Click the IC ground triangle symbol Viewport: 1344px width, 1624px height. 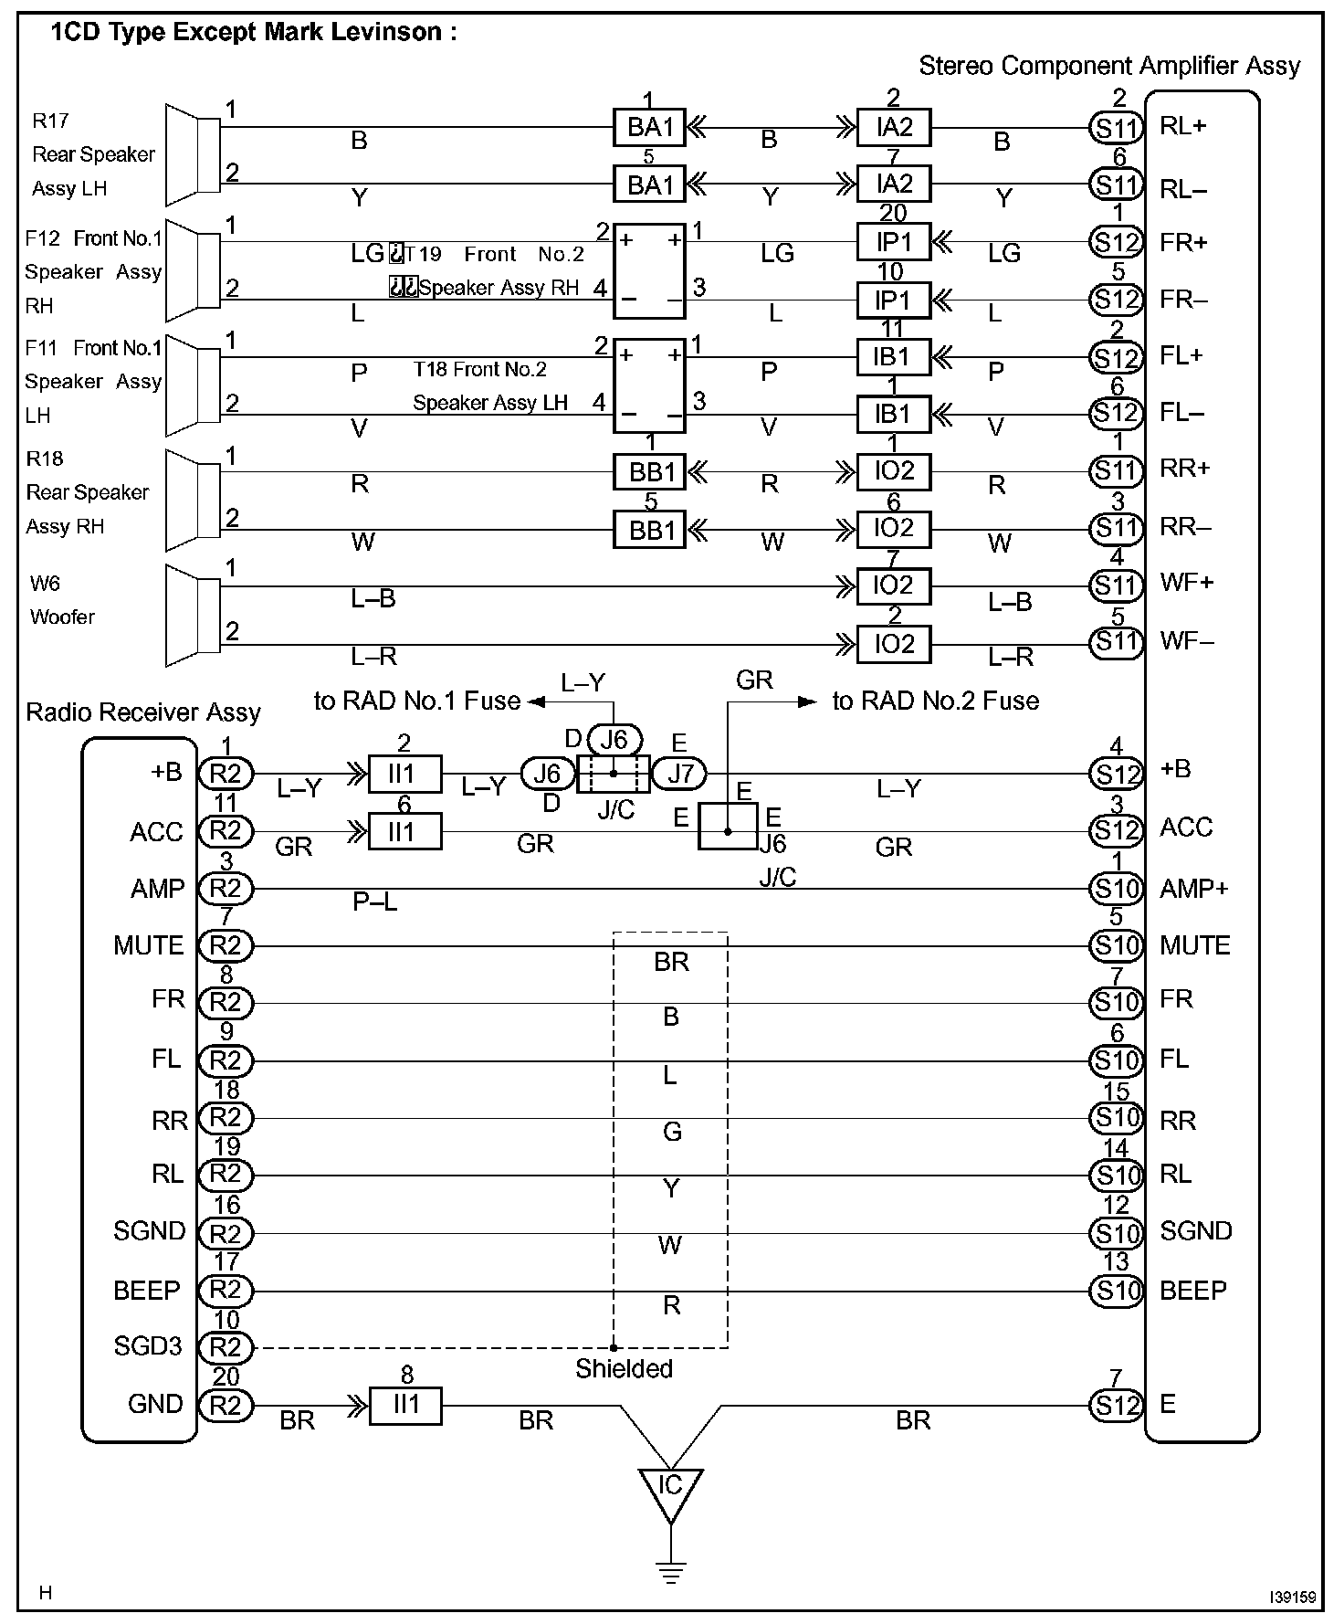click(x=670, y=1490)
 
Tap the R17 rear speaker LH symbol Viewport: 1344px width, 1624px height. click(x=193, y=154)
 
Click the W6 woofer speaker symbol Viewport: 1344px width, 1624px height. click(x=193, y=615)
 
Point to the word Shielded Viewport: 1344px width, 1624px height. click(x=624, y=1368)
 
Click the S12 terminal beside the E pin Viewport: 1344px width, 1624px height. click(x=1116, y=1406)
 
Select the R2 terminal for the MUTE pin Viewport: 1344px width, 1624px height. click(x=226, y=946)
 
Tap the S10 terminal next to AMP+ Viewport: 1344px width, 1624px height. click(x=1116, y=889)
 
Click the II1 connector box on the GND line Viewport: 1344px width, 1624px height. click(x=405, y=1406)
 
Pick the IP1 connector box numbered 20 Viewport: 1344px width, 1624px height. click(x=894, y=242)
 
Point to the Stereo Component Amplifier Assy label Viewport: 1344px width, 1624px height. click(x=1108, y=66)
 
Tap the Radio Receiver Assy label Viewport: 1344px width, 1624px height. click(x=143, y=712)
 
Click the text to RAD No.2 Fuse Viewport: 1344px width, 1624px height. click(x=935, y=701)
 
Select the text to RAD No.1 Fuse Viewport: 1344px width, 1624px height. click(x=417, y=701)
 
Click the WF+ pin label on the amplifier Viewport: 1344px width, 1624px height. click(x=1186, y=583)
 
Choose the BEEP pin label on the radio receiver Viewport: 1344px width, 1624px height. click(x=147, y=1291)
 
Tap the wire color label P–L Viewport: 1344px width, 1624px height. click(x=375, y=902)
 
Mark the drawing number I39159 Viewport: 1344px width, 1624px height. click(x=1292, y=1597)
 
